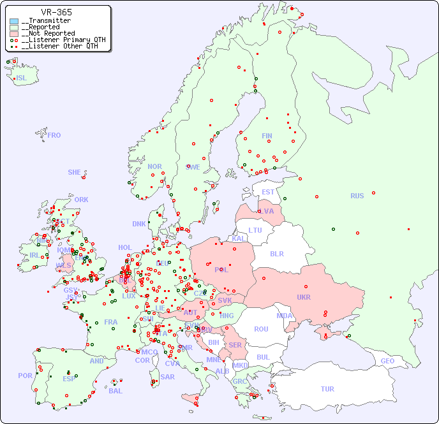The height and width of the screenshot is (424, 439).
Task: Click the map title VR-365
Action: pos(56,12)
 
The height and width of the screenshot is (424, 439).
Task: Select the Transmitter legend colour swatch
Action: pos(14,21)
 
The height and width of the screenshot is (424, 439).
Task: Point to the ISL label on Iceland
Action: pos(22,78)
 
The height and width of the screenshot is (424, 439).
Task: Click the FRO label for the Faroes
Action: pos(54,135)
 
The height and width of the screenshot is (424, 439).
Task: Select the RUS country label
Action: pos(357,196)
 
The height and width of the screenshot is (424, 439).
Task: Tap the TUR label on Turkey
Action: pos(327,389)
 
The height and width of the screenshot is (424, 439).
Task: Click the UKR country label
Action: pos(304,297)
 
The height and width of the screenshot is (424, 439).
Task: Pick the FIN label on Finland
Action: pos(267,136)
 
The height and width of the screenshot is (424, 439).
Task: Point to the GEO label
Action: pos(387,361)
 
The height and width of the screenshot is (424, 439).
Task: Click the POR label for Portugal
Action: pos(25,376)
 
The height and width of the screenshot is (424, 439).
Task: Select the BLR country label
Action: pos(276,253)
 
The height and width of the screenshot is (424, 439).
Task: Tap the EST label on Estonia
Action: pos(268,192)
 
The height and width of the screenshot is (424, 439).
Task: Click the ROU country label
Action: pos(261,329)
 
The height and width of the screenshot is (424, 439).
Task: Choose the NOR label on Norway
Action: pos(154,166)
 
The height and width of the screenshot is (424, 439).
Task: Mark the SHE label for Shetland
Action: pos(75,172)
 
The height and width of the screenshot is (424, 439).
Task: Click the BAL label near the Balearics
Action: pos(115,391)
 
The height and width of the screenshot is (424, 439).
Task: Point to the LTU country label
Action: pos(255,230)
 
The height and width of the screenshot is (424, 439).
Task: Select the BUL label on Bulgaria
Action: pos(263,357)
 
